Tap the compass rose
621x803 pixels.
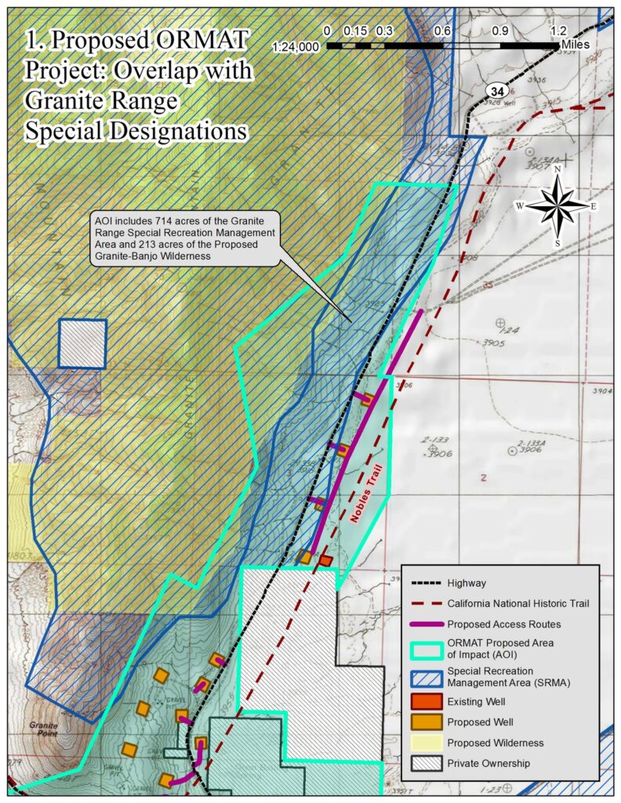pos(557,205)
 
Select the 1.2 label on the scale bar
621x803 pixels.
pos(558,31)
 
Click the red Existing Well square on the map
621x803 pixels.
pos(325,561)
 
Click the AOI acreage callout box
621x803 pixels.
pos(184,238)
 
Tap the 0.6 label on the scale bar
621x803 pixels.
pos(442,31)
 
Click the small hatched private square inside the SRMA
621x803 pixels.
pos(82,343)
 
